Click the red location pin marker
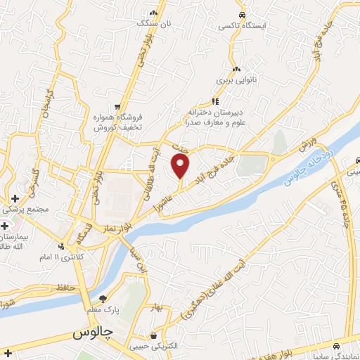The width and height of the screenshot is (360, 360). (x=181, y=167)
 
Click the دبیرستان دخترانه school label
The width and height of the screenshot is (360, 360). (x=214, y=117)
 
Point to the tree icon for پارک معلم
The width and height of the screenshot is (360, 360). (x=103, y=299)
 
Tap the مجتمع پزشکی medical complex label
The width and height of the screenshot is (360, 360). (x=26, y=209)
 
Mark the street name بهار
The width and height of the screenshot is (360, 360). (x=156, y=307)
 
